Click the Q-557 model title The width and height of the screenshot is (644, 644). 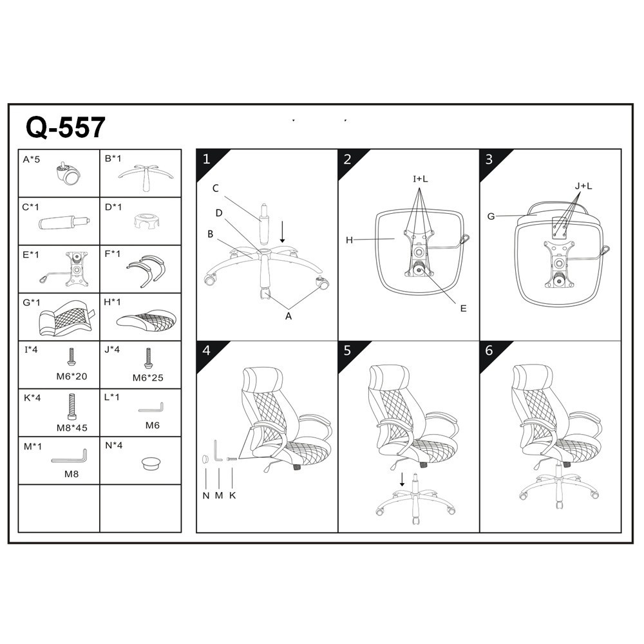[66, 128]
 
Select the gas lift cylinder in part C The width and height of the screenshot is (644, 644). [64, 222]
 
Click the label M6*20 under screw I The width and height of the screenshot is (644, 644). [72, 376]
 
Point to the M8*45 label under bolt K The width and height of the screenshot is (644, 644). [72, 428]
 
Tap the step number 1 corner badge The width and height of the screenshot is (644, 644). [209, 162]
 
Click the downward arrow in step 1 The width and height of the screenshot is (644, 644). [282, 232]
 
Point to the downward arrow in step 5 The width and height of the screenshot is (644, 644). [402, 479]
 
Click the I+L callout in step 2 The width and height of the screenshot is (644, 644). [420, 179]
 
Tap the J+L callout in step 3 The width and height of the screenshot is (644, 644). [583, 186]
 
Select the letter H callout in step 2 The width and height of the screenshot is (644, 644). [349, 240]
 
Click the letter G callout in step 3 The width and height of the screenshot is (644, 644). [491, 216]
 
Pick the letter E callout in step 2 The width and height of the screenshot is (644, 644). [463, 308]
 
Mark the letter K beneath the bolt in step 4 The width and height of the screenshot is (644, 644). [232, 496]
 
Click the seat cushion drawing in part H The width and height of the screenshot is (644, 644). [146, 320]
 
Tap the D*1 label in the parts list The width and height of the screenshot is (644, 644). [113, 207]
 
